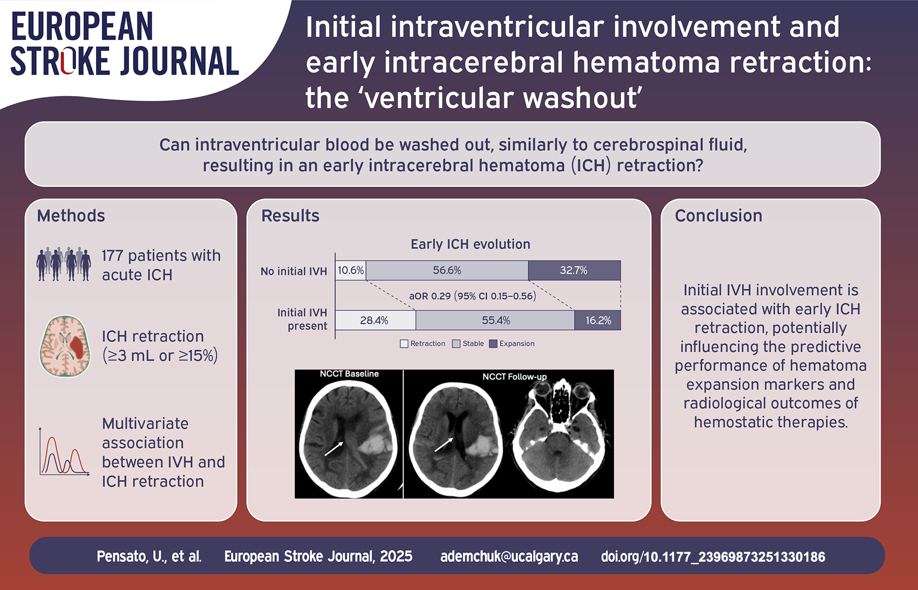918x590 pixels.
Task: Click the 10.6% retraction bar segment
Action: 350,270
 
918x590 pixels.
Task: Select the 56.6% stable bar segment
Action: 447,270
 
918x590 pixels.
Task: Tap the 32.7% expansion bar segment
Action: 574,270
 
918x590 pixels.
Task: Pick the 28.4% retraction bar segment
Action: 376,320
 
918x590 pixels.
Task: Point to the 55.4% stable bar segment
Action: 495,320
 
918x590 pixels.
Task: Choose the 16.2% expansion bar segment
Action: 597,320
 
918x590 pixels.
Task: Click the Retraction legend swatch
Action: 404,344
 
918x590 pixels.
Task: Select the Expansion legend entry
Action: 512,344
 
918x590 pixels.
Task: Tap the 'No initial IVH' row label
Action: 294,271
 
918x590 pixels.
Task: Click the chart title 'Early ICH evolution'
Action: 471,244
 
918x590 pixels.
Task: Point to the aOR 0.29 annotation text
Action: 473,296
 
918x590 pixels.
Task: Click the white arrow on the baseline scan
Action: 334,449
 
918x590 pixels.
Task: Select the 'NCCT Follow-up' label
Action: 515,377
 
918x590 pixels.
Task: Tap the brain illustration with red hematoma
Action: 65,346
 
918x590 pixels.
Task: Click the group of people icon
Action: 64,264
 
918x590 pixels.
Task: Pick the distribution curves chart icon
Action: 64,451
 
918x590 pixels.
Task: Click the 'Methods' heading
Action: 71,216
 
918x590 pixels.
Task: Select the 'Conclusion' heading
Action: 719,216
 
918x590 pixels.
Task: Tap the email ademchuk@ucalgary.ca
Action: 509,556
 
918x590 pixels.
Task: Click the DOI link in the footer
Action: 713,557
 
